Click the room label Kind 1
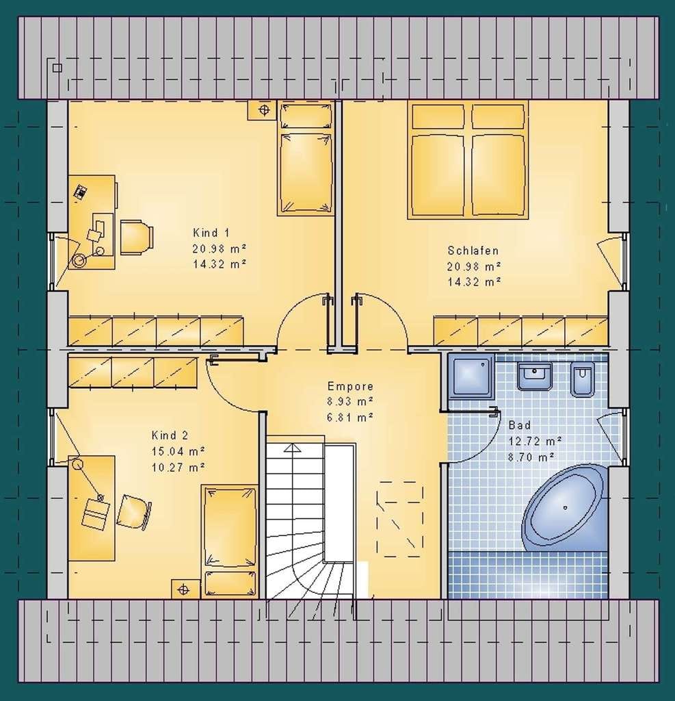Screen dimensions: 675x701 click(211, 233)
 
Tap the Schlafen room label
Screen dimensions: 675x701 click(473, 251)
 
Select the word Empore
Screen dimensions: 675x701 click(350, 386)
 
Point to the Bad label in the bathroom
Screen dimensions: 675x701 click(520, 424)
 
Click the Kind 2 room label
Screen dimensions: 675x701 click(170, 435)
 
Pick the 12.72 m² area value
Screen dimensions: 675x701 click(535, 442)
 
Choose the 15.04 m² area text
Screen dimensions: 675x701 click(178, 451)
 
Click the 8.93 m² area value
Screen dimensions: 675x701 click(350, 401)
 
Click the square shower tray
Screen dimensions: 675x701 click(471, 376)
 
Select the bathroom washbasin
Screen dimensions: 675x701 click(534, 376)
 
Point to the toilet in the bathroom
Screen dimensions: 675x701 click(583, 379)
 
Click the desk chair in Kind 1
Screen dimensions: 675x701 click(137, 237)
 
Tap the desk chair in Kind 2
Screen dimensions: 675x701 click(133, 512)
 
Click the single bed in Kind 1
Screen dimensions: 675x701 click(306, 158)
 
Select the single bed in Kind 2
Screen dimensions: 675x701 click(230, 541)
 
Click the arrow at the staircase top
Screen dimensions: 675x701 click(293, 448)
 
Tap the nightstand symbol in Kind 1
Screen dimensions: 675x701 click(263, 110)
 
